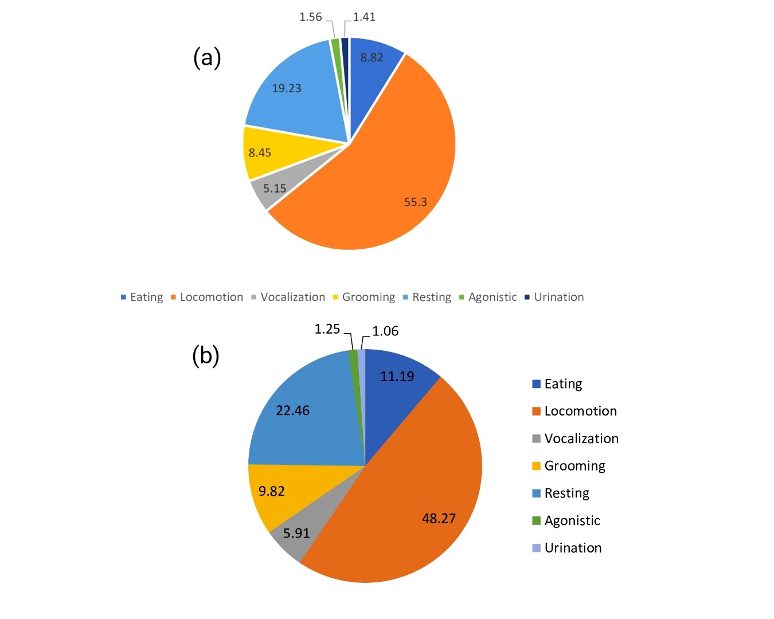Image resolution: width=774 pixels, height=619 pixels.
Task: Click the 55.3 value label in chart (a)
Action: click(415, 202)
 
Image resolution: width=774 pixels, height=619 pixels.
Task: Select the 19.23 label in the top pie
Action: click(286, 88)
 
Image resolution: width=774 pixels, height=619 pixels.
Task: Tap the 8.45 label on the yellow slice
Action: click(260, 153)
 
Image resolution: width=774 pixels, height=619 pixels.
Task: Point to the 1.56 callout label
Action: click(311, 17)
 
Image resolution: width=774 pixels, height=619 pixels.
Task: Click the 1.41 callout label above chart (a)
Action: click(364, 17)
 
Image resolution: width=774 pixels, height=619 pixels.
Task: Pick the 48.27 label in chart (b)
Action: click(439, 519)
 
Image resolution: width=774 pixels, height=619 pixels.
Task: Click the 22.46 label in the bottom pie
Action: click(292, 411)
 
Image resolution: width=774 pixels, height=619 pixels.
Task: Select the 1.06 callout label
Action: click(385, 331)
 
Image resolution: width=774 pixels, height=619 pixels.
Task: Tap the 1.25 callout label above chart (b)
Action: click(327, 329)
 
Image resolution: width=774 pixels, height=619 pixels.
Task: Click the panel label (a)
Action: click(207, 58)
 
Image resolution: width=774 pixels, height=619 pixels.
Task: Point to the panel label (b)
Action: click(206, 356)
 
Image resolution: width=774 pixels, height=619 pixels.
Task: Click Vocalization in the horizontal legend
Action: click(292, 297)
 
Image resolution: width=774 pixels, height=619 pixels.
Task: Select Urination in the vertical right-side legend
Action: click(573, 549)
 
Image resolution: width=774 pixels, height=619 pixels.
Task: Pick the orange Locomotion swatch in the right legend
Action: click(537, 412)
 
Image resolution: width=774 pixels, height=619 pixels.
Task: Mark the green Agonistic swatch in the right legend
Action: click(537, 521)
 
